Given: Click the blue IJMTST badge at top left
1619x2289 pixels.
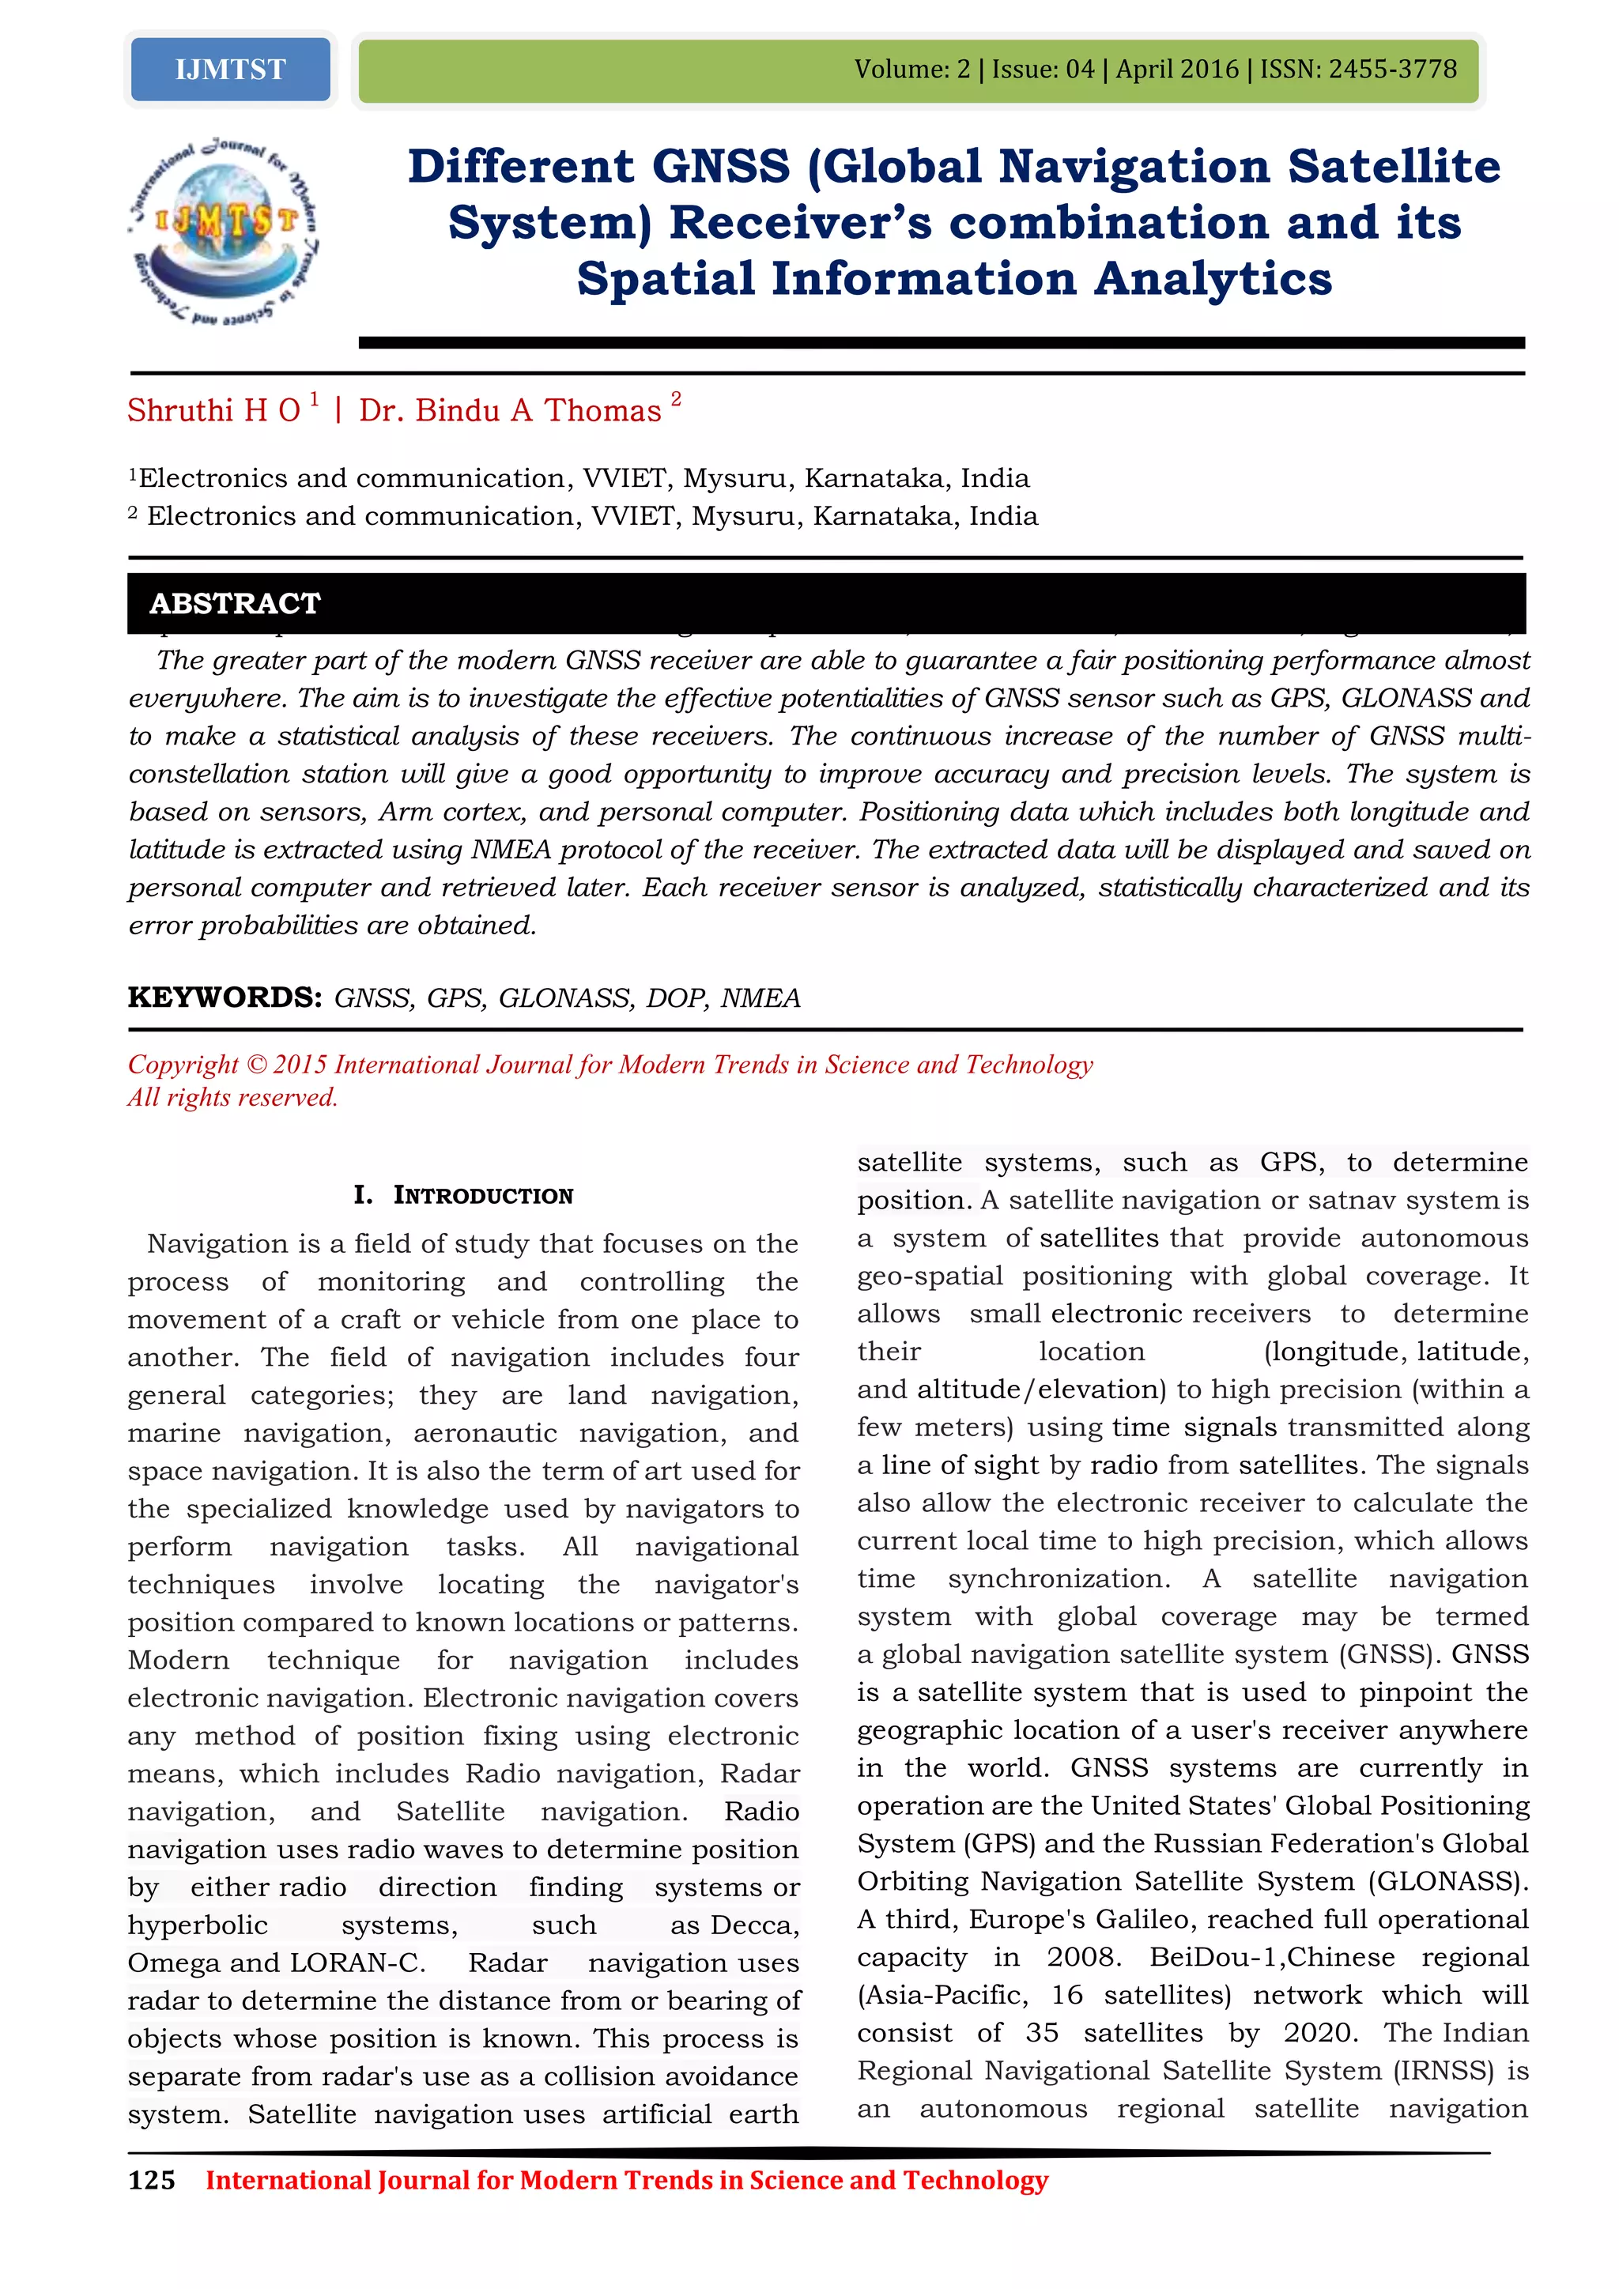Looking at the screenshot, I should click(230, 70).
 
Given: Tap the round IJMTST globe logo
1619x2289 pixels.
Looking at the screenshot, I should click(225, 229).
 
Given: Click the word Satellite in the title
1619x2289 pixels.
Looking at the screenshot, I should click(1393, 167).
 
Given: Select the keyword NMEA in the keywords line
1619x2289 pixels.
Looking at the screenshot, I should click(760, 998).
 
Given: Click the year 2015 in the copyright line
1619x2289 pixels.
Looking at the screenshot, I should click(300, 1065).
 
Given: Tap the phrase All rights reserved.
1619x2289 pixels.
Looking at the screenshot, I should click(232, 1098).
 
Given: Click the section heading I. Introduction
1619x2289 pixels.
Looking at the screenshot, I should click(463, 1194).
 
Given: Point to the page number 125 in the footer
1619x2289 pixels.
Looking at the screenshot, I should click(152, 2181).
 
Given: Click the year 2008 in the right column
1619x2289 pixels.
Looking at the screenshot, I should click(1083, 1957).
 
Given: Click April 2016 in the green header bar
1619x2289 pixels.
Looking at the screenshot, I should click(1176, 70).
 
